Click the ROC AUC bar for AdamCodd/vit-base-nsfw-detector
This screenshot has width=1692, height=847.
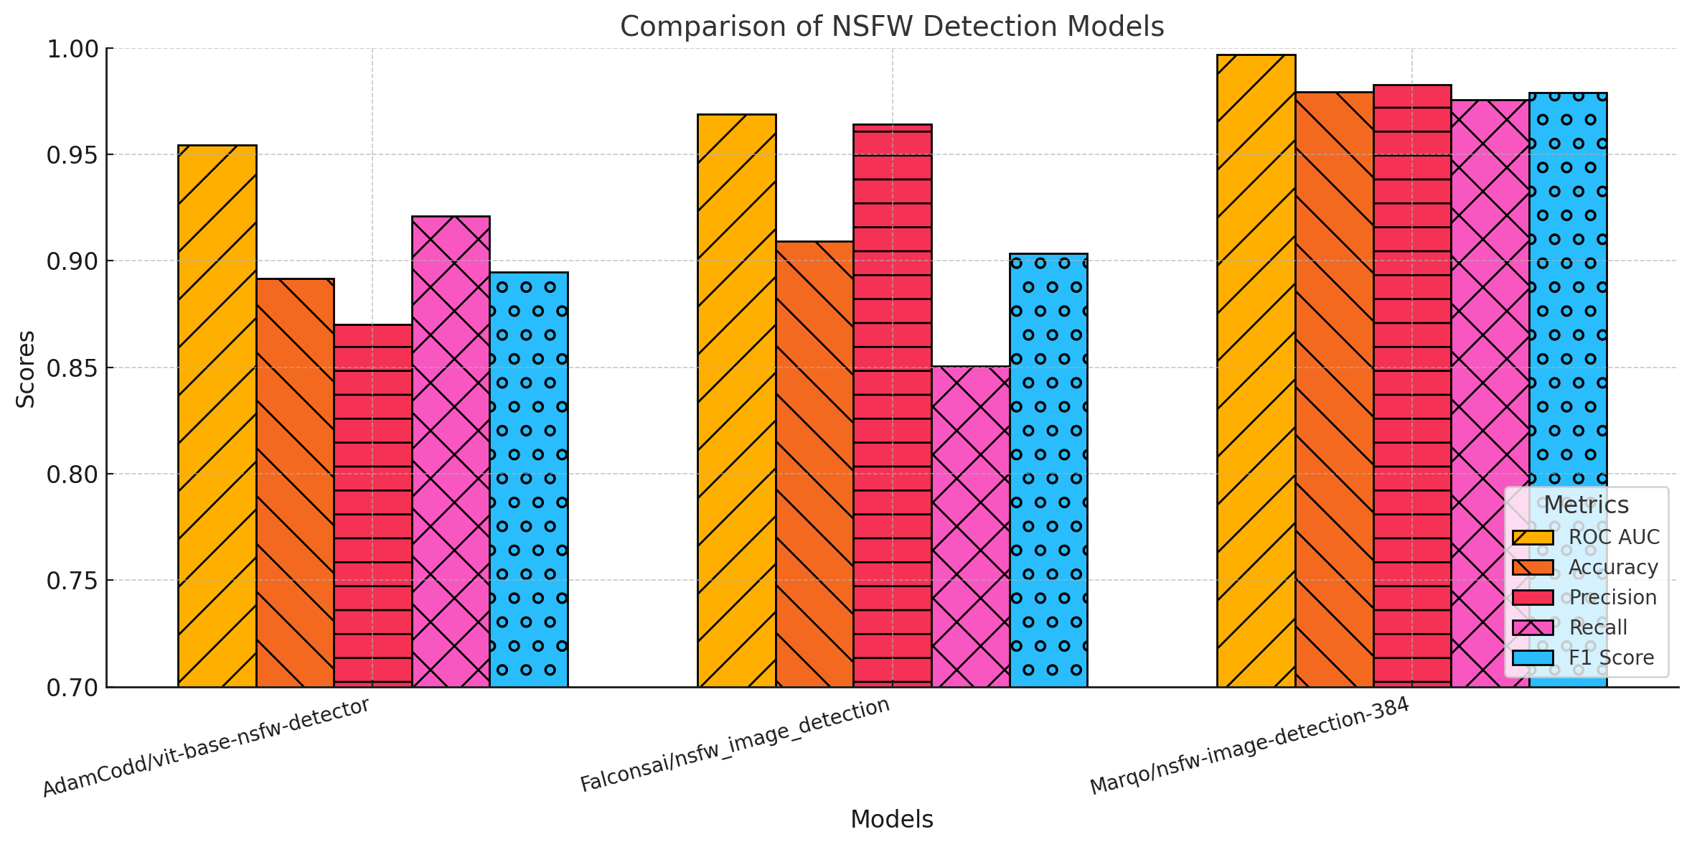(x=217, y=416)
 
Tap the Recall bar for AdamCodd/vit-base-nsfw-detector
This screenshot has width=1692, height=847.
(x=451, y=451)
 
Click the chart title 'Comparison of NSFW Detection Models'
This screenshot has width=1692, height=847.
(x=892, y=27)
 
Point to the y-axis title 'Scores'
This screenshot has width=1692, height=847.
(x=26, y=369)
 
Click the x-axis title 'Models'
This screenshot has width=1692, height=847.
(x=892, y=819)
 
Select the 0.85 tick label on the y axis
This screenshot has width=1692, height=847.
(x=71, y=368)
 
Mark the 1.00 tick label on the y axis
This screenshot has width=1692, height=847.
(x=71, y=50)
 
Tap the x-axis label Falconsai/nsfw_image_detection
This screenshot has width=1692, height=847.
(x=735, y=744)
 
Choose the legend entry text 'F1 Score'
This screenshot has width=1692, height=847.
(x=1612, y=658)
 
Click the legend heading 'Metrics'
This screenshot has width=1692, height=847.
(x=1587, y=505)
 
